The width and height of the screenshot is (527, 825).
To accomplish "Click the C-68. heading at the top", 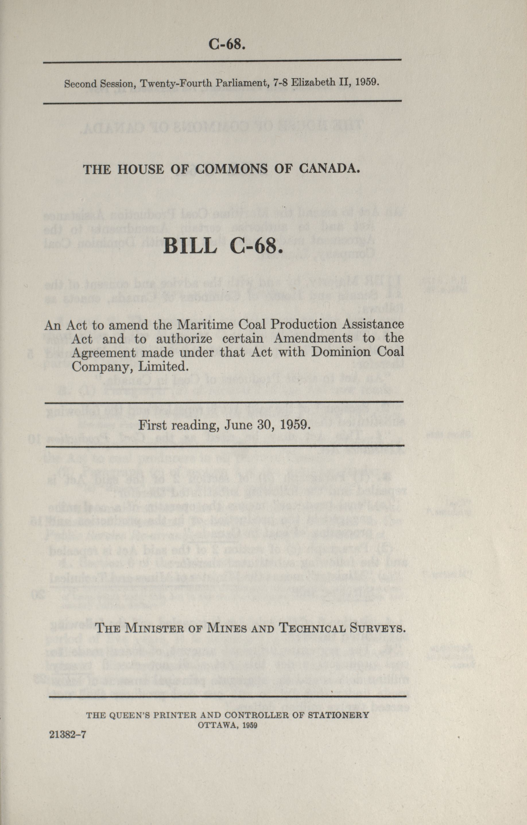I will pos(227,45).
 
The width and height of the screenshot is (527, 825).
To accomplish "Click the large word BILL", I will pos(190,246).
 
